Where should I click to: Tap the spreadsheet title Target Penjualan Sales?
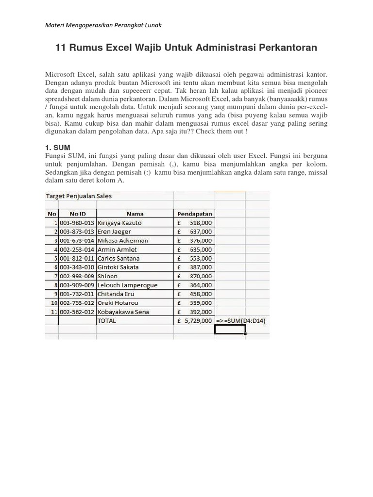coord(79,196)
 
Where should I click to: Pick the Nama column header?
coord(135,214)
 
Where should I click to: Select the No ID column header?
coord(78,214)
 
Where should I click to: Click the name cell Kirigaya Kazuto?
coord(120,223)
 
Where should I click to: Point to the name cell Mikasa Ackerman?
coord(123,241)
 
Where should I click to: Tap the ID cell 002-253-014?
coord(78,249)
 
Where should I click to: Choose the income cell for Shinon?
coord(194,276)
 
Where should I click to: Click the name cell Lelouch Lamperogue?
coord(128,285)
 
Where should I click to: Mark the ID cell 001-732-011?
coord(78,294)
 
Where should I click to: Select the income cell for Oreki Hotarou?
coord(194,303)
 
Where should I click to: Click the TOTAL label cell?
coord(107,321)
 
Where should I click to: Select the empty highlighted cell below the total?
coord(230,329)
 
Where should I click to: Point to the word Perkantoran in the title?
coord(286,48)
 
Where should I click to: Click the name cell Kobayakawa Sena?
coord(123,312)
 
